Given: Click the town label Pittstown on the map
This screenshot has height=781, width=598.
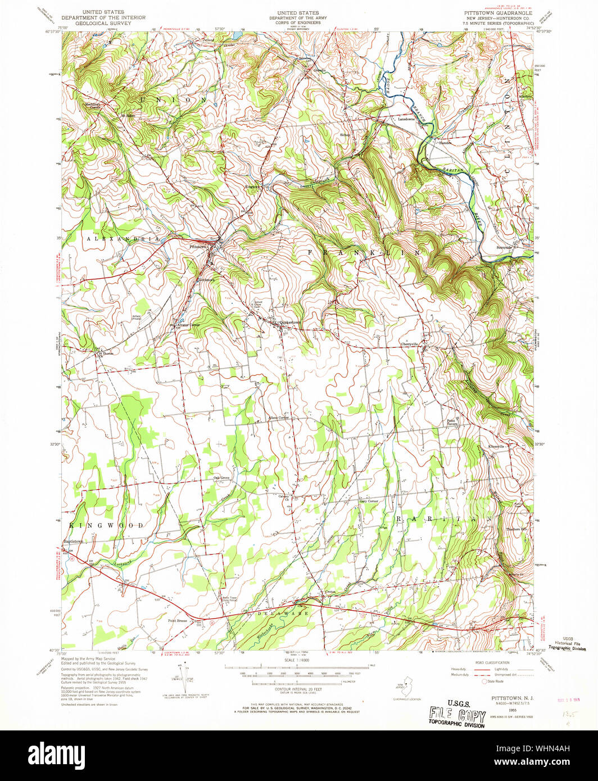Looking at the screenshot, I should (x=200, y=247).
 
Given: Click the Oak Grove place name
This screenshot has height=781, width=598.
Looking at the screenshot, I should (x=221, y=478).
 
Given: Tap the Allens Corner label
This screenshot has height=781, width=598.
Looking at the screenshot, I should (x=278, y=417).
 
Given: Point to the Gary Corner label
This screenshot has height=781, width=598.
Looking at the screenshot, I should (x=369, y=501).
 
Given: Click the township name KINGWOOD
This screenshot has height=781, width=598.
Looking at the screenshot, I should (x=107, y=525).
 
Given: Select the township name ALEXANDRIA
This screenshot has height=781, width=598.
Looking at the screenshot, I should (x=115, y=239).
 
